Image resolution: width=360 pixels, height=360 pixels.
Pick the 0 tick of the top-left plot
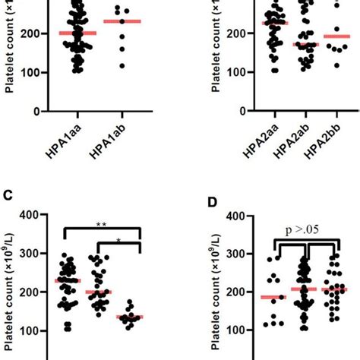point(34,111)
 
